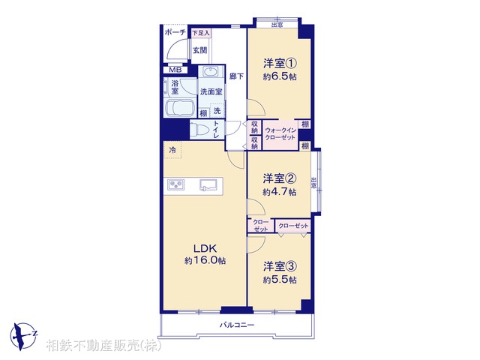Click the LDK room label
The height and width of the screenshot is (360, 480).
pyautogui.click(x=205, y=248)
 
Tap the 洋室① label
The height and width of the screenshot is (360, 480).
pyautogui.click(x=279, y=64)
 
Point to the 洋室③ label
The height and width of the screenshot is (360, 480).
pyautogui.click(x=279, y=266)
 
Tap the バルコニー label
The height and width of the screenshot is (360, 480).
pyautogui.click(x=237, y=325)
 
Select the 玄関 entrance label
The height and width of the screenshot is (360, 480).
pyautogui.click(x=199, y=50)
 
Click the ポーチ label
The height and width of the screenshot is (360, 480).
pyautogui.click(x=175, y=33)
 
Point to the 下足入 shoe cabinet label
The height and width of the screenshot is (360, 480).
pyautogui.click(x=200, y=33)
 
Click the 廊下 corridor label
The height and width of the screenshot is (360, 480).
pyautogui.click(x=235, y=76)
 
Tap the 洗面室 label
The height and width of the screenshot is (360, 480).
pyautogui.click(x=210, y=91)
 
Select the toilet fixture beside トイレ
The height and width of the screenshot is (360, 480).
pyautogui.click(x=201, y=128)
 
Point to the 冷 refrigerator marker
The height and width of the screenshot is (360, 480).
pyautogui.click(x=173, y=151)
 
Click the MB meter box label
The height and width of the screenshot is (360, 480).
pyautogui.click(x=174, y=70)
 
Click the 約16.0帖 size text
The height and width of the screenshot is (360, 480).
pyautogui.click(x=205, y=260)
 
